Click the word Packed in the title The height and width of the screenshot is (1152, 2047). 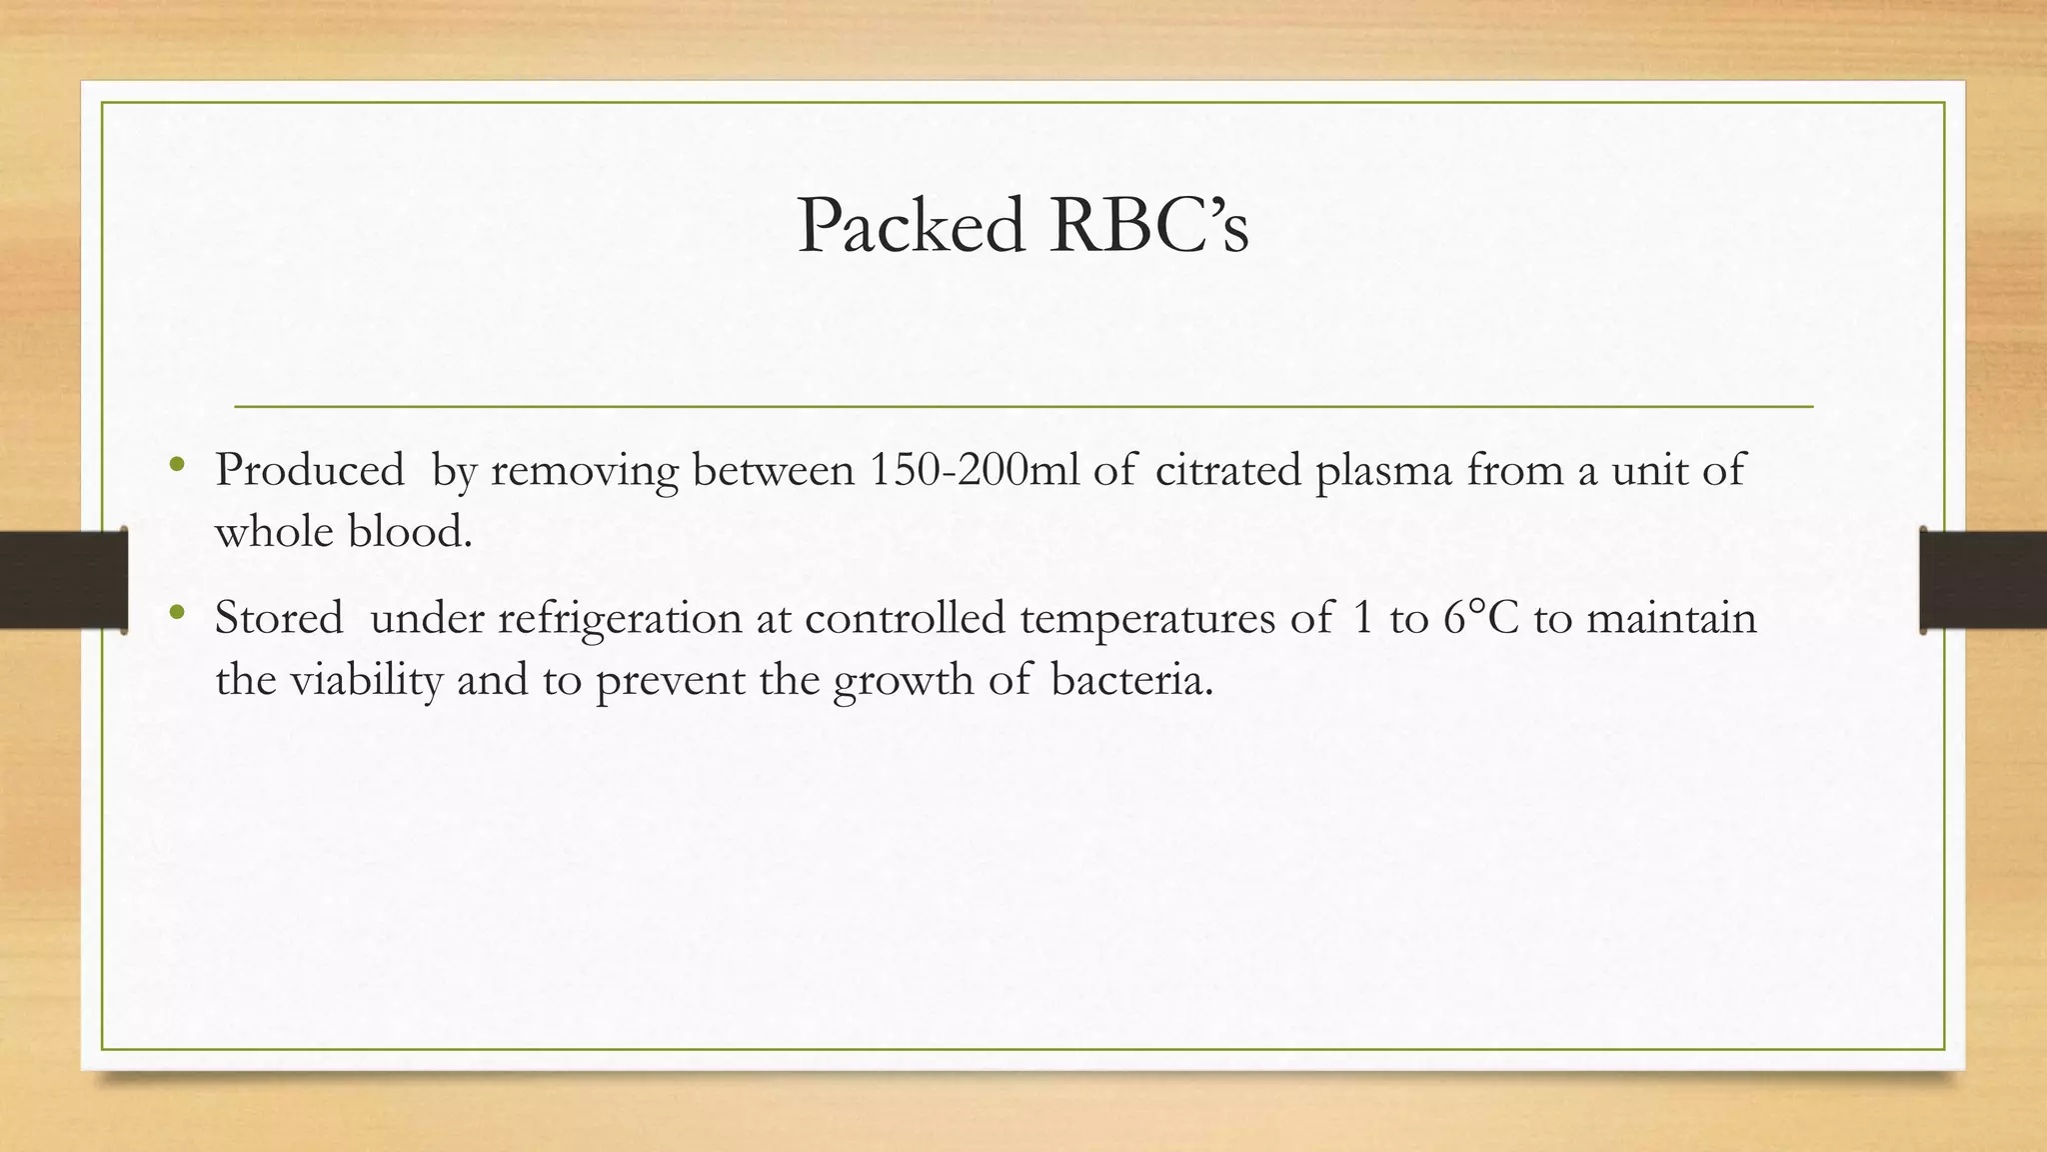pos(912,226)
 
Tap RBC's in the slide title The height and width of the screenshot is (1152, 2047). pos(1148,226)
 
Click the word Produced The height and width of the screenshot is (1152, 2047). pos(309,470)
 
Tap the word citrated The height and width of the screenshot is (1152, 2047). pos(1227,470)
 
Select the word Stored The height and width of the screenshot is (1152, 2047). pos(279,618)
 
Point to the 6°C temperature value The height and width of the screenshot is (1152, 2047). pos(1480,618)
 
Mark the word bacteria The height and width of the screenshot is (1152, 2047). pos(1131,680)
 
